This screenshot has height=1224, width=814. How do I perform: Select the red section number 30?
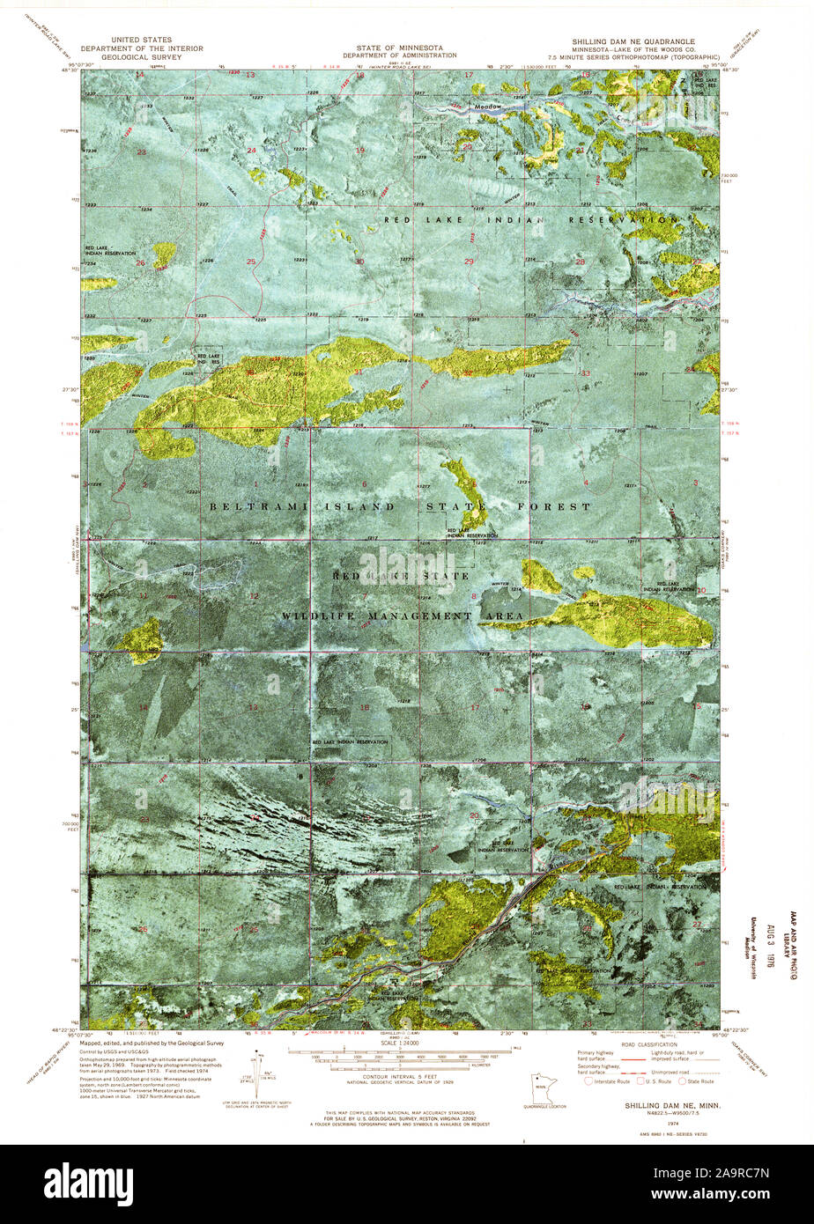pyautogui.click(x=359, y=262)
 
